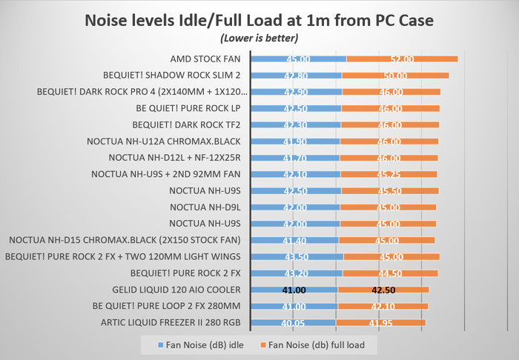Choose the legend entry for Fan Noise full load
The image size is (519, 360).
click(317, 344)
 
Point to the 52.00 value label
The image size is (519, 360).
click(402, 59)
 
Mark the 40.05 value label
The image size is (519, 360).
click(294, 323)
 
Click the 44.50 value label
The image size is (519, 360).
click(389, 273)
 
